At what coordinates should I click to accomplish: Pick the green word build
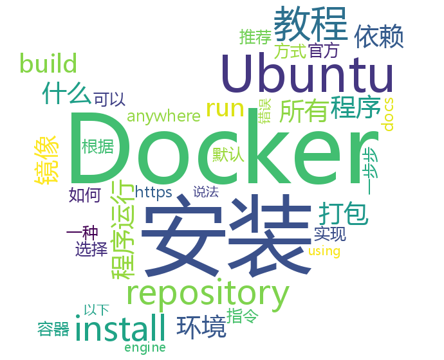[x=48, y=64]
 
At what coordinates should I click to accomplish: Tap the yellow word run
[x=225, y=107]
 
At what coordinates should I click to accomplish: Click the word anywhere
[x=163, y=116]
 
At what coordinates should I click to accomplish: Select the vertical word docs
[x=389, y=114]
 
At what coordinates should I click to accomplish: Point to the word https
[x=153, y=191]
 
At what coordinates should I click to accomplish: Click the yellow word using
[x=324, y=251]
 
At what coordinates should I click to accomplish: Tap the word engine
[x=145, y=347]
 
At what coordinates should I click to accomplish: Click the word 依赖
[x=379, y=37]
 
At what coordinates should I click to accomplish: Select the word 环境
[x=201, y=327]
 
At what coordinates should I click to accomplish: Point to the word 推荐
[x=255, y=36]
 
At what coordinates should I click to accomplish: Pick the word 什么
[x=66, y=93]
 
